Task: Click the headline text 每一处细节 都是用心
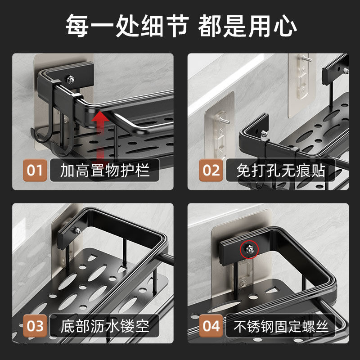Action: (180, 26)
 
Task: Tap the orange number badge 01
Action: (35, 171)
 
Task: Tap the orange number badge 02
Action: (211, 171)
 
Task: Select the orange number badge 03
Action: (35, 325)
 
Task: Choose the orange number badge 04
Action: (211, 325)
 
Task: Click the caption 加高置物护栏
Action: (105, 171)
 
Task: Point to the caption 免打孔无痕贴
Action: (281, 171)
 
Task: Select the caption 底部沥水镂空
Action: (105, 325)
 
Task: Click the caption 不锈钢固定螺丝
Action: (281, 325)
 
